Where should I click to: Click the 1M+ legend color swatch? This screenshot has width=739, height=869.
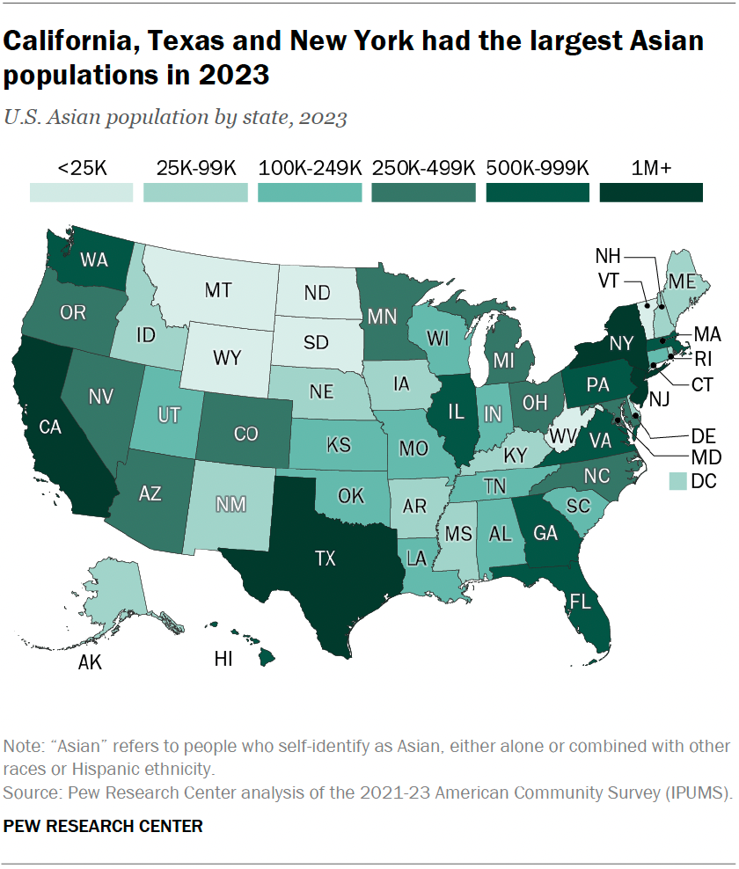652,193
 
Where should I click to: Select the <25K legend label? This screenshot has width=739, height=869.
82,167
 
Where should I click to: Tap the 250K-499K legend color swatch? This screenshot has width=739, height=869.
424,193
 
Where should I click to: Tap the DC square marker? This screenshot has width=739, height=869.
678,480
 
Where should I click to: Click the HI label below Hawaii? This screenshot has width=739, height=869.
223,659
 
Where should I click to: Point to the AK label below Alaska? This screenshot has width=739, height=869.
90,662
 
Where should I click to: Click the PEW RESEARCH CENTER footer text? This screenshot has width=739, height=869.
104,826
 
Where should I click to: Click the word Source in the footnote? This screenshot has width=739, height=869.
30,793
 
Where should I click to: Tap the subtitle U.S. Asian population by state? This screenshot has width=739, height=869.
175,118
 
